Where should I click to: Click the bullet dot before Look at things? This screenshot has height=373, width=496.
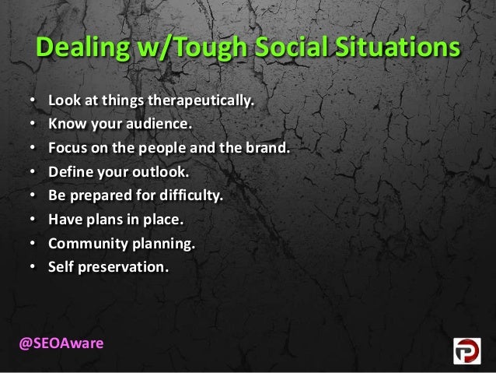click(x=32, y=101)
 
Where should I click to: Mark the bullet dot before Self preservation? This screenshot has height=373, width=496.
click(x=32, y=266)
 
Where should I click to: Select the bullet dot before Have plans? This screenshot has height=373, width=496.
click(x=32, y=219)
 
